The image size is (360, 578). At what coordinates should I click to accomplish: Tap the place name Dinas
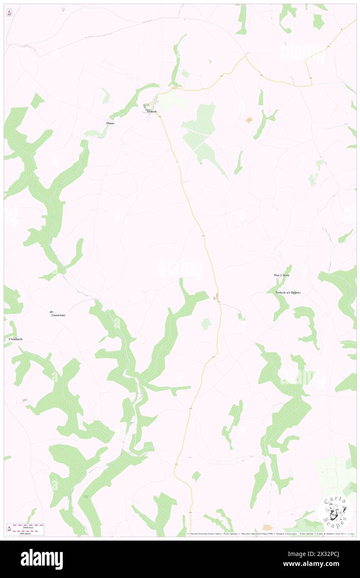coord(110,124)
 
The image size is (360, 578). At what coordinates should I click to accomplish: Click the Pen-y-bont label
coord(281,276)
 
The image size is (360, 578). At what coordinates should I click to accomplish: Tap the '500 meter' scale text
coord(27,533)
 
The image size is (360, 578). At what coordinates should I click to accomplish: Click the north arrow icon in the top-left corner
coord(9,13)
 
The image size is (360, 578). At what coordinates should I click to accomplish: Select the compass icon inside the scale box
coord(9,529)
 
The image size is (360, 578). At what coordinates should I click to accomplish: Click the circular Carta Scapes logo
coord(335,510)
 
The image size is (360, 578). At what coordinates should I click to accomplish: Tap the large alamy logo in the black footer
coord(42,559)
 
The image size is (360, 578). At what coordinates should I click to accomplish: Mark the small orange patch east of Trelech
coord(249,120)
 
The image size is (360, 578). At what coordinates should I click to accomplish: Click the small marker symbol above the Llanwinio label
coord(51,311)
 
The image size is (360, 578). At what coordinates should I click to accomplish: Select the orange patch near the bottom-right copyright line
coord(267,527)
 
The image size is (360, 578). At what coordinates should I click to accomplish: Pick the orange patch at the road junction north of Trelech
coord(175,88)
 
